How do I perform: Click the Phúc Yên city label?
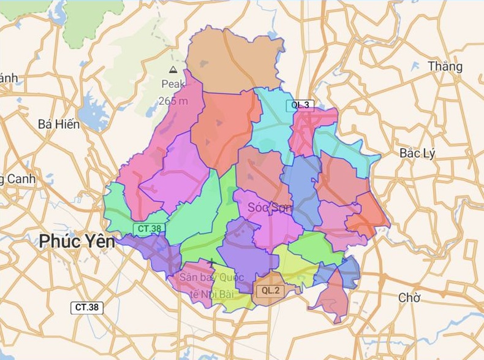[x=77, y=242]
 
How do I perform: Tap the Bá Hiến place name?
[x=59, y=124]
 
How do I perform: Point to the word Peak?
[x=173, y=85]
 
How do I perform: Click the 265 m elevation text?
[x=173, y=101]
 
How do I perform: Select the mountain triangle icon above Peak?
[x=173, y=69]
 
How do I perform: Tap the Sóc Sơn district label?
[x=270, y=209]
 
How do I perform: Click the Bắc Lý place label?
[x=417, y=153]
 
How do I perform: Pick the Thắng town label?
[x=445, y=66]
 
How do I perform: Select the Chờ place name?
[x=409, y=298]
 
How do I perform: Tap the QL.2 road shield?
[x=270, y=290]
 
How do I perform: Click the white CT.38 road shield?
[x=87, y=307]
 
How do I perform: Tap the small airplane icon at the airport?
[x=211, y=263]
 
